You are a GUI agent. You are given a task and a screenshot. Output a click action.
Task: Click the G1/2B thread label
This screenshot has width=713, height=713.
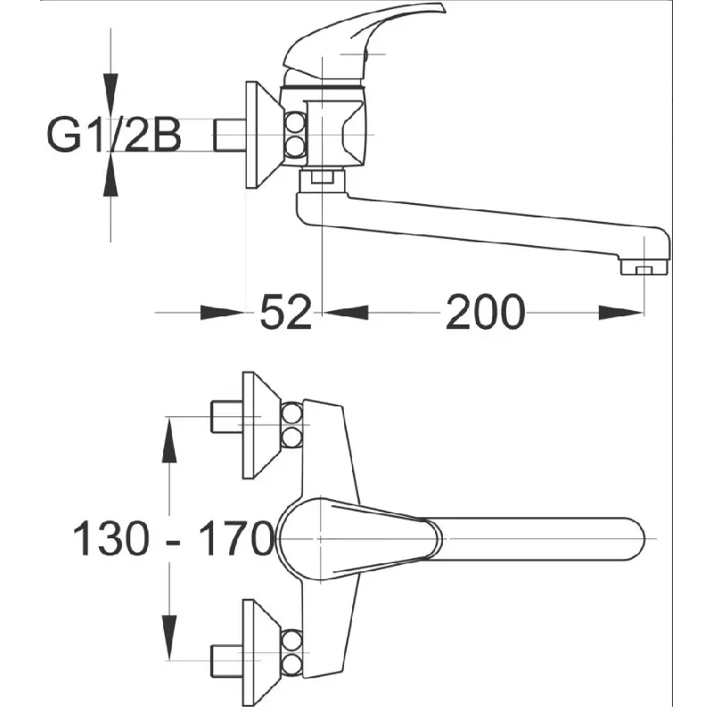114,135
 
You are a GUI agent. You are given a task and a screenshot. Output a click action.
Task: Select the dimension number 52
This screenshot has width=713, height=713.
285,313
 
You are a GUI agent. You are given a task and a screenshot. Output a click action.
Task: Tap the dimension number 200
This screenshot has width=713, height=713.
485,313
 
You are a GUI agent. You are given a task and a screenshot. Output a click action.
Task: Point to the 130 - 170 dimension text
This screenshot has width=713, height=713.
173,538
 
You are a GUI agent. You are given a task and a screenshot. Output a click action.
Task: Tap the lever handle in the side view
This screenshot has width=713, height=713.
364,43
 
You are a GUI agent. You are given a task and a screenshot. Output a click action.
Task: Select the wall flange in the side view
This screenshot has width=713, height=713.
261,135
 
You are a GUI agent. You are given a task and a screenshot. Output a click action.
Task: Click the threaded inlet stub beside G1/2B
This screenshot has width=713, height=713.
230,135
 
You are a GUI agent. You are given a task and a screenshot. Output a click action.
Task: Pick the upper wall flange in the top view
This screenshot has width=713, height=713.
260,425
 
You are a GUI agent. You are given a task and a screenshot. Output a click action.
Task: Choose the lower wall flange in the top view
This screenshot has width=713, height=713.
260,652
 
